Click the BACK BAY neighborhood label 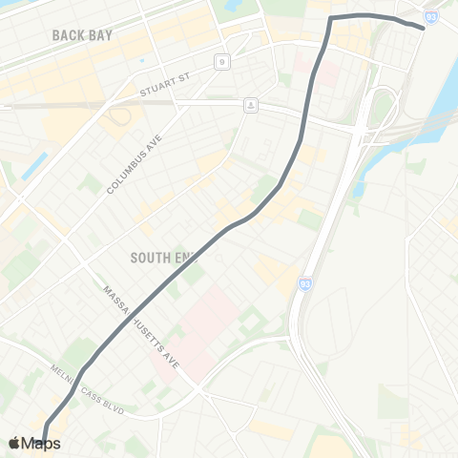tap(83, 35)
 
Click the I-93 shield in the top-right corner tap(432, 17)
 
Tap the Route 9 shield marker tap(221, 62)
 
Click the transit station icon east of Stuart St tap(250, 104)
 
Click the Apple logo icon tap(14, 444)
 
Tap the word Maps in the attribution tap(42, 444)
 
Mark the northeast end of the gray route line tap(422, 26)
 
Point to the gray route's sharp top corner tap(332, 18)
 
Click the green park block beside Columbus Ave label tap(92, 182)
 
